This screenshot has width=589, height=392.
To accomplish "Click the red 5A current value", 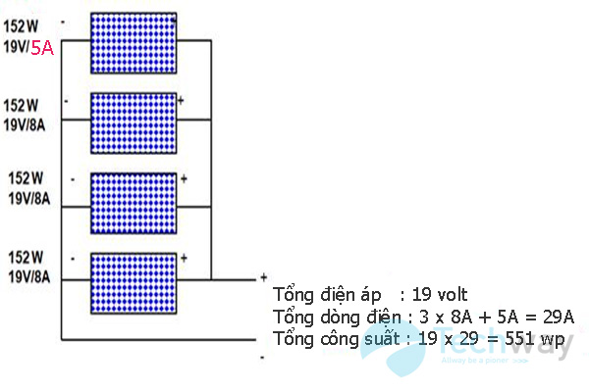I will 42,46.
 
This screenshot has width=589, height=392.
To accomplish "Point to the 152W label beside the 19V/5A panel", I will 20,27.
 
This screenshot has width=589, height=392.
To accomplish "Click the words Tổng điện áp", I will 315,294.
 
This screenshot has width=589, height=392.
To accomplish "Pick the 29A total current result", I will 555,317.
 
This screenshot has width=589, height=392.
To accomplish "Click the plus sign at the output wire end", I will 263,277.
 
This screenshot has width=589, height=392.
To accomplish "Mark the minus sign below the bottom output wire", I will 262,358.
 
